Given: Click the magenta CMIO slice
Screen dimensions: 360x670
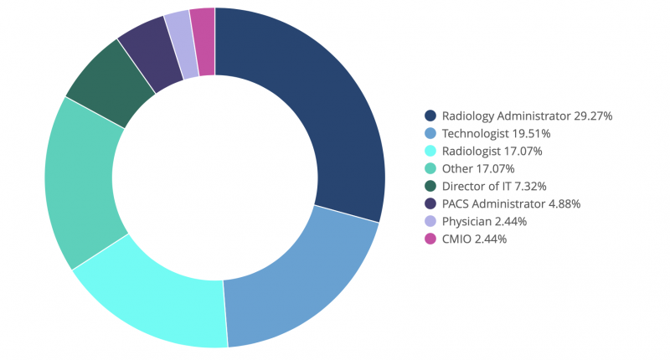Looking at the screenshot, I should pos(204,42).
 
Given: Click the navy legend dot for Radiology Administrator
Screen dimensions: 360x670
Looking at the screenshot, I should pos(430,116).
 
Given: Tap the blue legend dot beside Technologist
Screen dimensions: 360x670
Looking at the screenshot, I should pos(430,133).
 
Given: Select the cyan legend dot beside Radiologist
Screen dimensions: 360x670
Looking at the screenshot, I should pos(430,151).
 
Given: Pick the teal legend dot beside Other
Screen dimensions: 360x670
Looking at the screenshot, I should pos(430,168).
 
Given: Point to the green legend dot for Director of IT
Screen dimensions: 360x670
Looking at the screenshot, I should pos(430,186).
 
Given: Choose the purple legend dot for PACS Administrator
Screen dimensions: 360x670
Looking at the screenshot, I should pos(430,203).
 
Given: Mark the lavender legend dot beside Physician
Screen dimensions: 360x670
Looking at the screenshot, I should pos(430,221).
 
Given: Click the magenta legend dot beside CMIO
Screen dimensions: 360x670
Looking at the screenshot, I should pos(430,239).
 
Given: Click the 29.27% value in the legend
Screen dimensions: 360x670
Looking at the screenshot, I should pos(593,116).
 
